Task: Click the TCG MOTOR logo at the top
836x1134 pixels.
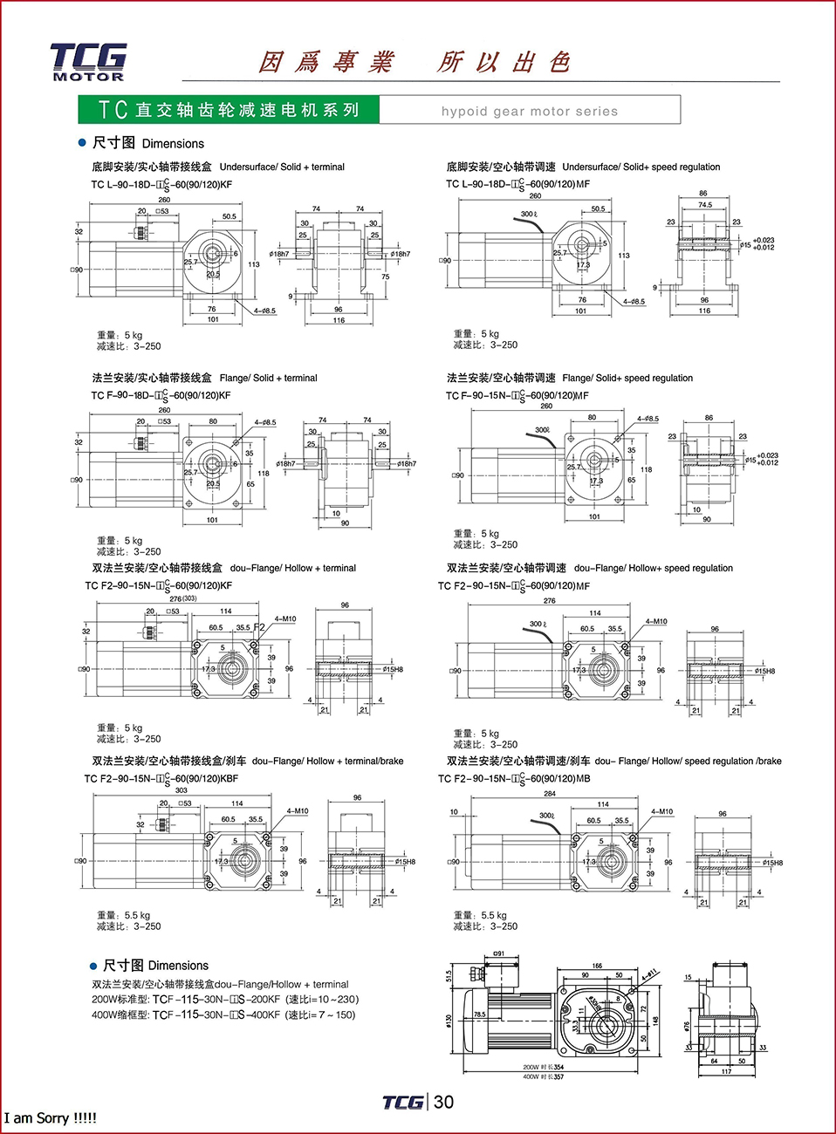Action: (88, 61)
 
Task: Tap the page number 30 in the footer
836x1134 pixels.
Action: (444, 1102)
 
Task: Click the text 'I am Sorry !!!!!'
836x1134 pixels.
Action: (50, 1118)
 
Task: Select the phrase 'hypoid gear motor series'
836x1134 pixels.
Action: (529, 111)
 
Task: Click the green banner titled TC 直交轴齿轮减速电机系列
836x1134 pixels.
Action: (229, 110)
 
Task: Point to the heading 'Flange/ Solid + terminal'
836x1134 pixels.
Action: (268, 378)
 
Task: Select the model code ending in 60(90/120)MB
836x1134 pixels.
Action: (514, 778)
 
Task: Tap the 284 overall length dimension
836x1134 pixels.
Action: (550, 794)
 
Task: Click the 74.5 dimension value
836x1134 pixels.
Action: (705, 205)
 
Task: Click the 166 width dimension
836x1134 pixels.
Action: (597, 966)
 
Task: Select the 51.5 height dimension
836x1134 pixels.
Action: (449, 975)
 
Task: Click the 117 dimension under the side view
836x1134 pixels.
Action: (726, 1071)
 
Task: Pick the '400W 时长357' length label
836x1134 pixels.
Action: (544, 1076)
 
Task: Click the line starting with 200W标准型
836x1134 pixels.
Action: (225, 1000)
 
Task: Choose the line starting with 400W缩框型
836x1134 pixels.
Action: (223, 1014)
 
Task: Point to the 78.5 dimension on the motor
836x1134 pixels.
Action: (480, 1014)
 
